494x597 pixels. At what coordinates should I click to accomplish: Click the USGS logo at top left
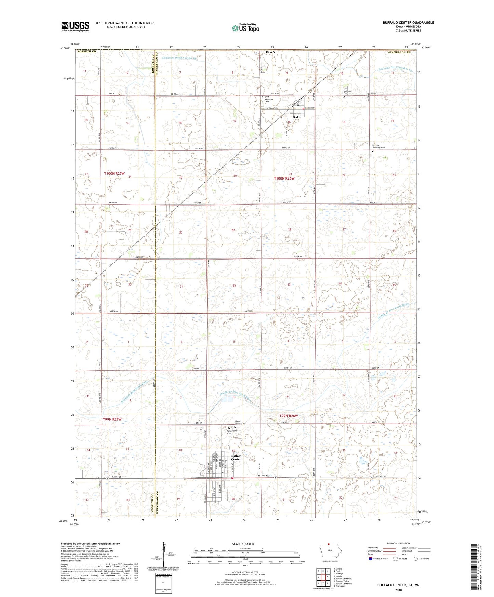click(x=75, y=26)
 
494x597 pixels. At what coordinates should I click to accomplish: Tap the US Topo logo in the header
click(x=245, y=28)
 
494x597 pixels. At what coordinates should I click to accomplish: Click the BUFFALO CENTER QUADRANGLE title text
click(x=408, y=23)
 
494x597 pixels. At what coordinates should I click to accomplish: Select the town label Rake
click(x=297, y=117)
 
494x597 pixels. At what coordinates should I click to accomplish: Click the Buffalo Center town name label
click(x=236, y=457)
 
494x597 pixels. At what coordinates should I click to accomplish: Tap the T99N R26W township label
click(x=289, y=416)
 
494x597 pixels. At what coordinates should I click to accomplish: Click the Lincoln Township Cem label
click(x=379, y=146)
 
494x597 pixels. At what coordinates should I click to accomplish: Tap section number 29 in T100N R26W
click(x=233, y=230)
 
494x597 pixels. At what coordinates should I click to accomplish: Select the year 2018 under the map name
click(x=398, y=590)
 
